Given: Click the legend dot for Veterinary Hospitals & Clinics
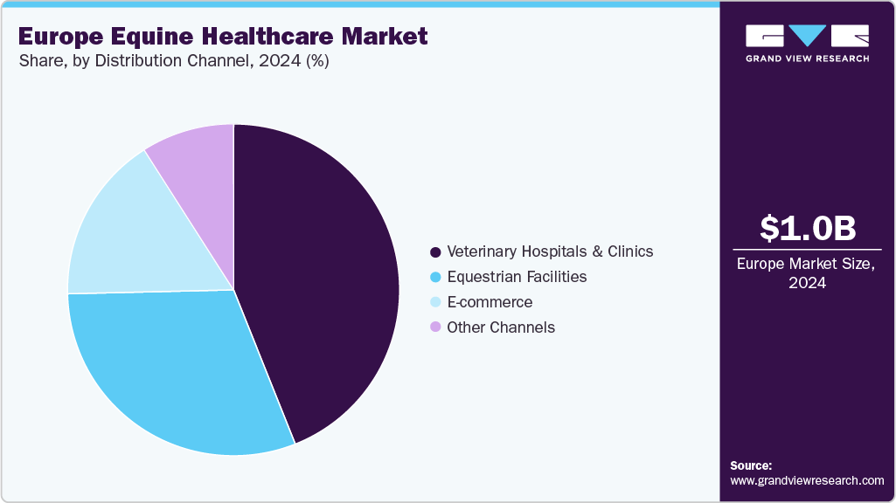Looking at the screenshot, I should point(434,251).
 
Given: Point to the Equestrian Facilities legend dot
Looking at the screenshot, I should point(434,277).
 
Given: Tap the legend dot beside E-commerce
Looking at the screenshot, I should point(434,302).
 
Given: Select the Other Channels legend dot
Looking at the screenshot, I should point(434,327).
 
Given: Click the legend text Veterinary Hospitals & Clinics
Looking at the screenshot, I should point(550,251).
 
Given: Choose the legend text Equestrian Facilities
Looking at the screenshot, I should point(517,277).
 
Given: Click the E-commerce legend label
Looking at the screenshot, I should point(490,302).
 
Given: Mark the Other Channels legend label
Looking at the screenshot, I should point(501,327).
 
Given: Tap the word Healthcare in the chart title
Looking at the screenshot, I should point(270,37).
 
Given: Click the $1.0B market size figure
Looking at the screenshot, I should point(807,229).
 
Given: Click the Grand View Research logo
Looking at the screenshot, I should point(807,42).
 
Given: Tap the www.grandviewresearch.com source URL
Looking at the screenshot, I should point(807,480).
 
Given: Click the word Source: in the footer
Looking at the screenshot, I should point(751,466).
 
